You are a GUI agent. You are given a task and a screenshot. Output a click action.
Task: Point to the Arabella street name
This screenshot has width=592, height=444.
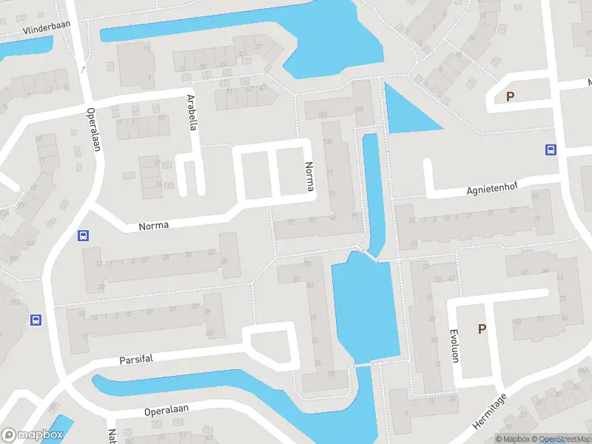tap(192, 112)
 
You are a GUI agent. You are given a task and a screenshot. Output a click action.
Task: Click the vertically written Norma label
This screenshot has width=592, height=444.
tap(309, 178)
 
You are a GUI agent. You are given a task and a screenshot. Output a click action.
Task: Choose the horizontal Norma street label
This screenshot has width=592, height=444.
tap(154, 225)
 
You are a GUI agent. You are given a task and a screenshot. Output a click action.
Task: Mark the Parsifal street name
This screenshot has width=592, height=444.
tap(135, 360)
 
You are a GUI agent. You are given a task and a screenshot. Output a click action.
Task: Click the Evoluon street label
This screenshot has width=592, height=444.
tap(454, 346)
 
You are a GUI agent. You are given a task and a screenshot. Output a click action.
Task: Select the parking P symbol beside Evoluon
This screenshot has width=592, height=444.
tap(482, 329)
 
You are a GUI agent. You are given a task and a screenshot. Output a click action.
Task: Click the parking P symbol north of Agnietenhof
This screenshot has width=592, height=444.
tap(509, 96)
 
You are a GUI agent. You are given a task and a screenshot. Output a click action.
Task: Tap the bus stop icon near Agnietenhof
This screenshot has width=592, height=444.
tap(551, 149)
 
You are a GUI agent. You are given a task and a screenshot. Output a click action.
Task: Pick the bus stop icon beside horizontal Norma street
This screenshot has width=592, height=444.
tap(84, 236)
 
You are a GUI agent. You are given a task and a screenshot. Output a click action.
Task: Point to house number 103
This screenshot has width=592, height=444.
tap(358, 110)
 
